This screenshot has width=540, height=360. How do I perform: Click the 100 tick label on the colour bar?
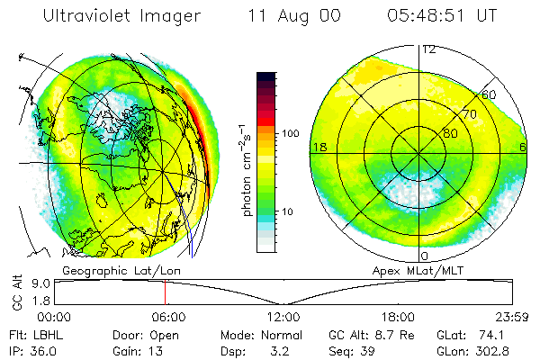[289, 133]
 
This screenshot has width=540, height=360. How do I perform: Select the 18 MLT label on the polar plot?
[318, 147]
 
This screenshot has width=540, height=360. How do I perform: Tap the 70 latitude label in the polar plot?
[468, 115]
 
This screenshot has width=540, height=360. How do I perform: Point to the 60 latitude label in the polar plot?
[490, 94]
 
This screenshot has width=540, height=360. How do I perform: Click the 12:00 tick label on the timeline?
[283, 316]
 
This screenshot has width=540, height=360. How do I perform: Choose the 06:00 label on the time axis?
[168, 316]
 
